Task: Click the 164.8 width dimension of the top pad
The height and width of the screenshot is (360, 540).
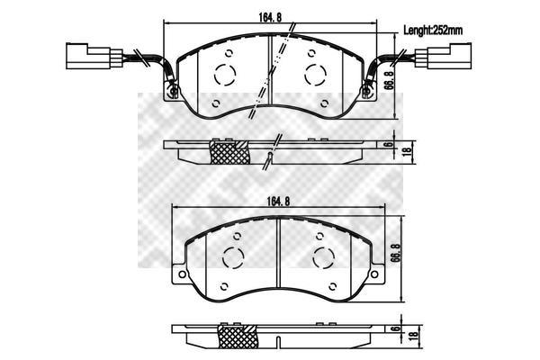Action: [270, 17]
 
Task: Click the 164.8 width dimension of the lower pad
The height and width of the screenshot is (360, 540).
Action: [279, 202]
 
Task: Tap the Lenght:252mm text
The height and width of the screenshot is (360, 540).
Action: [433, 31]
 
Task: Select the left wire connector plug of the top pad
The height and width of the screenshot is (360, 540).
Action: [94, 56]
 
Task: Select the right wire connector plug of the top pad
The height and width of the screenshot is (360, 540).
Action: [443, 56]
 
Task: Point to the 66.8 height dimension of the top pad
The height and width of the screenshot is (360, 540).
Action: [390, 80]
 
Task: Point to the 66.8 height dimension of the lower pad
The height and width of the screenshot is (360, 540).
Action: [396, 253]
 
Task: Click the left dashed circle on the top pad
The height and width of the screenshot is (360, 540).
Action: [225, 75]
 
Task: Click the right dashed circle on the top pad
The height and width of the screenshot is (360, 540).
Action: [316, 75]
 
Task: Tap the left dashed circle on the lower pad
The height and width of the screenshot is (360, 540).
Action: [233, 257]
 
